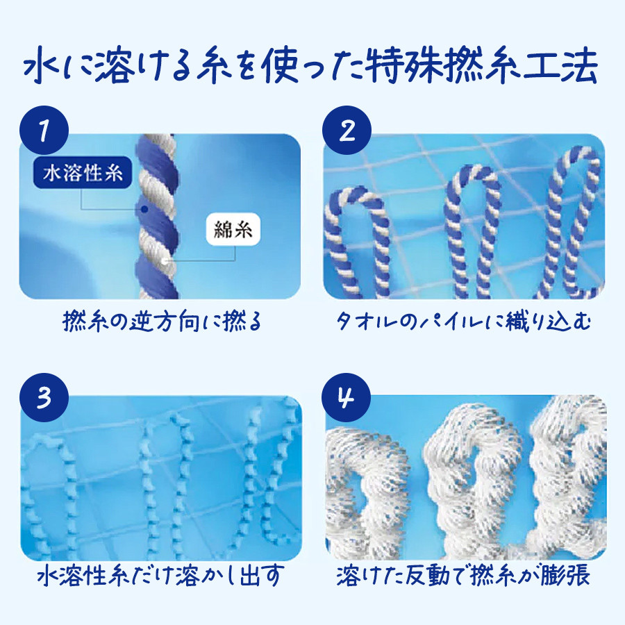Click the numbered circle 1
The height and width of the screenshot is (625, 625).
tap(44, 131)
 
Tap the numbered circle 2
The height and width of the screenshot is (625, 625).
tap(347, 131)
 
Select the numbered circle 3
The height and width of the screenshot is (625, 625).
tap(44, 397)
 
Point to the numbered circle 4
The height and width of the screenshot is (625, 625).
tap(346, 397)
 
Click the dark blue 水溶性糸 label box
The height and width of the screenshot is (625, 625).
tap(83, 173)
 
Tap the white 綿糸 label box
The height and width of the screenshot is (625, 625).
tap(233, 229)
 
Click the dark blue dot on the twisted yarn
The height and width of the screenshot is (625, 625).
tap(144, 209)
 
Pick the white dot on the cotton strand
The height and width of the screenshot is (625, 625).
tap(164, 262)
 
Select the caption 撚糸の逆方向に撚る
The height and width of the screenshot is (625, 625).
tap(162, 322)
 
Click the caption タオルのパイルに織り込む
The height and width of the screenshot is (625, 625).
tap(463, 322)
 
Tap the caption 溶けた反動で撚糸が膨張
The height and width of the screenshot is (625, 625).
tap(463, 575)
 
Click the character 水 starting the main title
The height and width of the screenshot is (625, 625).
tap(42, 66)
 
